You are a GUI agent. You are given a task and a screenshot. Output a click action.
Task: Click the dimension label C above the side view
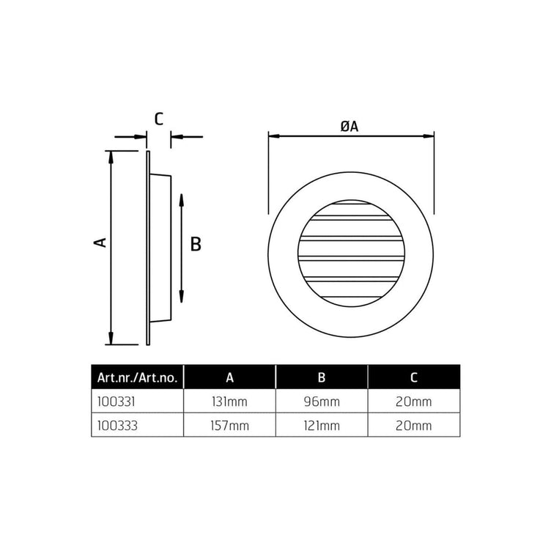point(159,119)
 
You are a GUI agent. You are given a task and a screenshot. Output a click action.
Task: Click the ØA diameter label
point(350,126)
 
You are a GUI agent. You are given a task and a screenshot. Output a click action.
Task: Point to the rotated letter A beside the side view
point(100,243)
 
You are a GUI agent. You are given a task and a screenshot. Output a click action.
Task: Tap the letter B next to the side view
point(196,244)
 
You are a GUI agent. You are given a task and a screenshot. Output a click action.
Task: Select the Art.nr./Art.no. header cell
point(137,377)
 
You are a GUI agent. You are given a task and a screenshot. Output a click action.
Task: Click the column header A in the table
point(229,377)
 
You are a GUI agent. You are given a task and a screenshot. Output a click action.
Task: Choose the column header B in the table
point(322,377)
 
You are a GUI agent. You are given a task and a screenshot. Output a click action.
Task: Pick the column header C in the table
point(413,377)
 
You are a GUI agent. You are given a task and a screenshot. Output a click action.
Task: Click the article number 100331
point(116,402)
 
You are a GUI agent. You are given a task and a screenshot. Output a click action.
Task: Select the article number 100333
point(117,426)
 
